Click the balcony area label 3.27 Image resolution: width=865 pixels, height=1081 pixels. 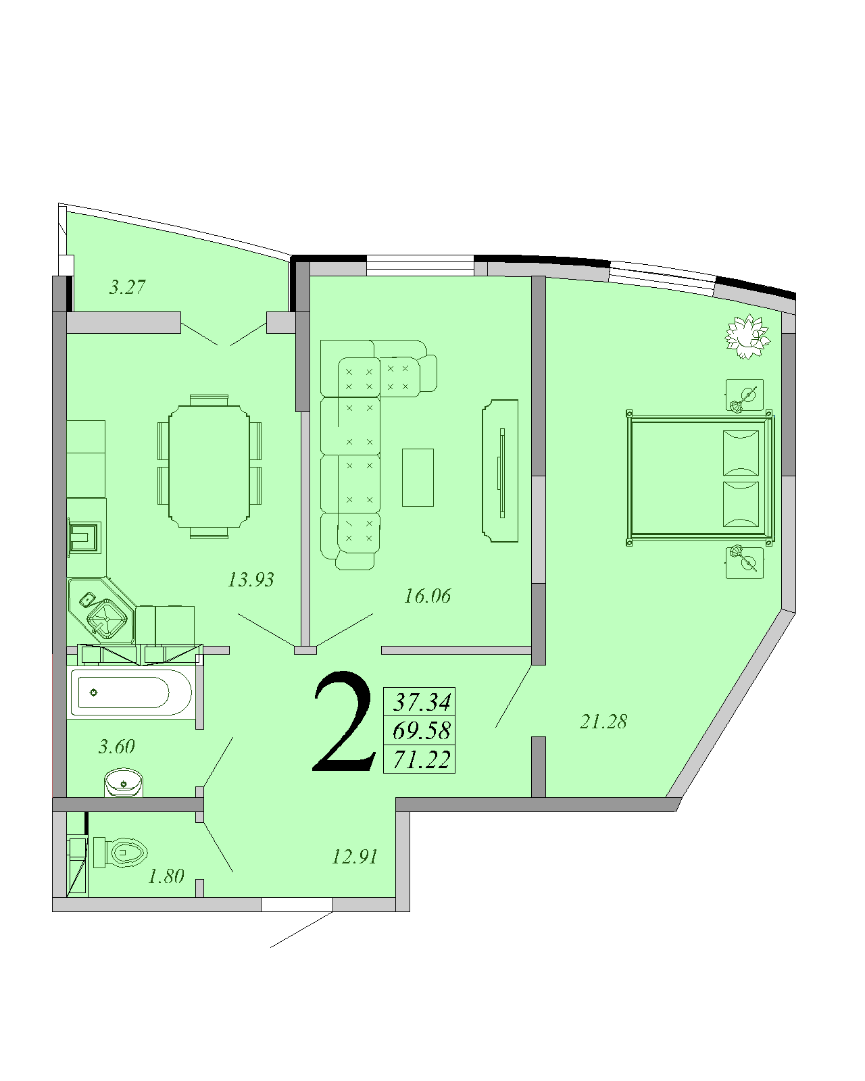pos(127,287)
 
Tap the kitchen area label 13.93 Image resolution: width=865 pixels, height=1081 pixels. pos(251,580)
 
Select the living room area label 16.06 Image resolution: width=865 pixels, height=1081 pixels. pos(427,596)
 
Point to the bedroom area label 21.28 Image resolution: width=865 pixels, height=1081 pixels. pos(603,722)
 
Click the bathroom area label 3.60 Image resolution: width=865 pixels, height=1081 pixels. pos(117,747)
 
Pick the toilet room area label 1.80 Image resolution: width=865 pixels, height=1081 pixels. pos(166,876)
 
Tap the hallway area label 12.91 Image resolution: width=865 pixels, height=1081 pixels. pos(354,857)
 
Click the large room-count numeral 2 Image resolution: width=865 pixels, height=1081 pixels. pos(344,722)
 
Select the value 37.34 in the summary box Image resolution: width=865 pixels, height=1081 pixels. pos(421,702)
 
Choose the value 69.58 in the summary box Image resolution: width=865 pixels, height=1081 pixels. pos(421,730)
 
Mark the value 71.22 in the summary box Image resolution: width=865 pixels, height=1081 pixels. pos(421,759)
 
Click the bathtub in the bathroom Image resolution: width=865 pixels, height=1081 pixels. pos(131,693)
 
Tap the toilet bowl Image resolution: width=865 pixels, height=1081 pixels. pos(121,853)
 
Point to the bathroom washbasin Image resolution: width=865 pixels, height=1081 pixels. pos(124,783)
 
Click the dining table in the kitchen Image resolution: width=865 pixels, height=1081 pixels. pos(209,467)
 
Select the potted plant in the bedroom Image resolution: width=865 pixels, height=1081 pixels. pos(747,336)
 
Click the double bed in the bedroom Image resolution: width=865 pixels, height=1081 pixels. pos(701,478)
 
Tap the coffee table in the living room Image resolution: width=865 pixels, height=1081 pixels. pos(418,478)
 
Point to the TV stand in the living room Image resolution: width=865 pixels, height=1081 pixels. pos(500,471)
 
